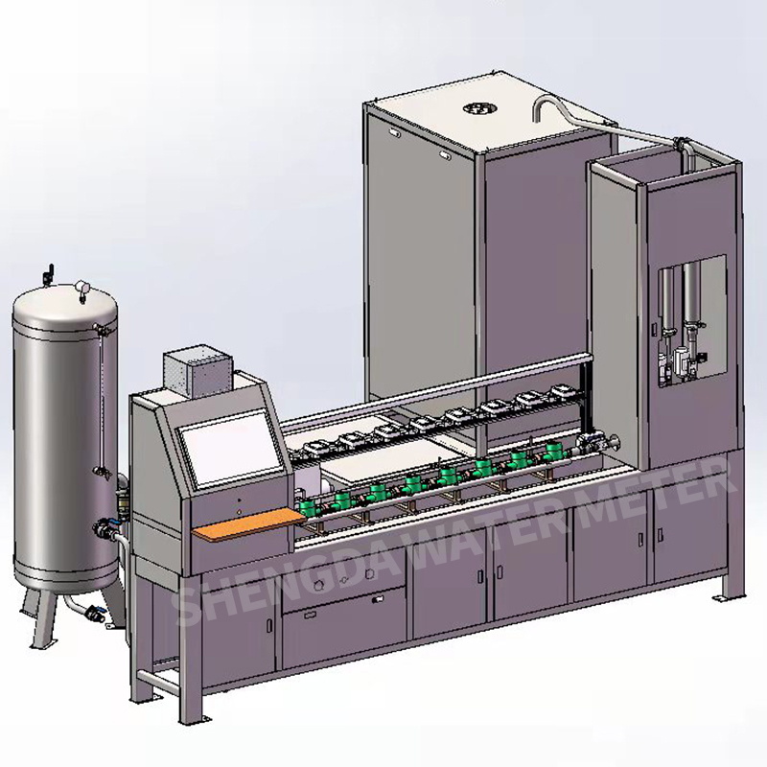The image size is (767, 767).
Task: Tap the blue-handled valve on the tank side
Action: coord(103,526)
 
